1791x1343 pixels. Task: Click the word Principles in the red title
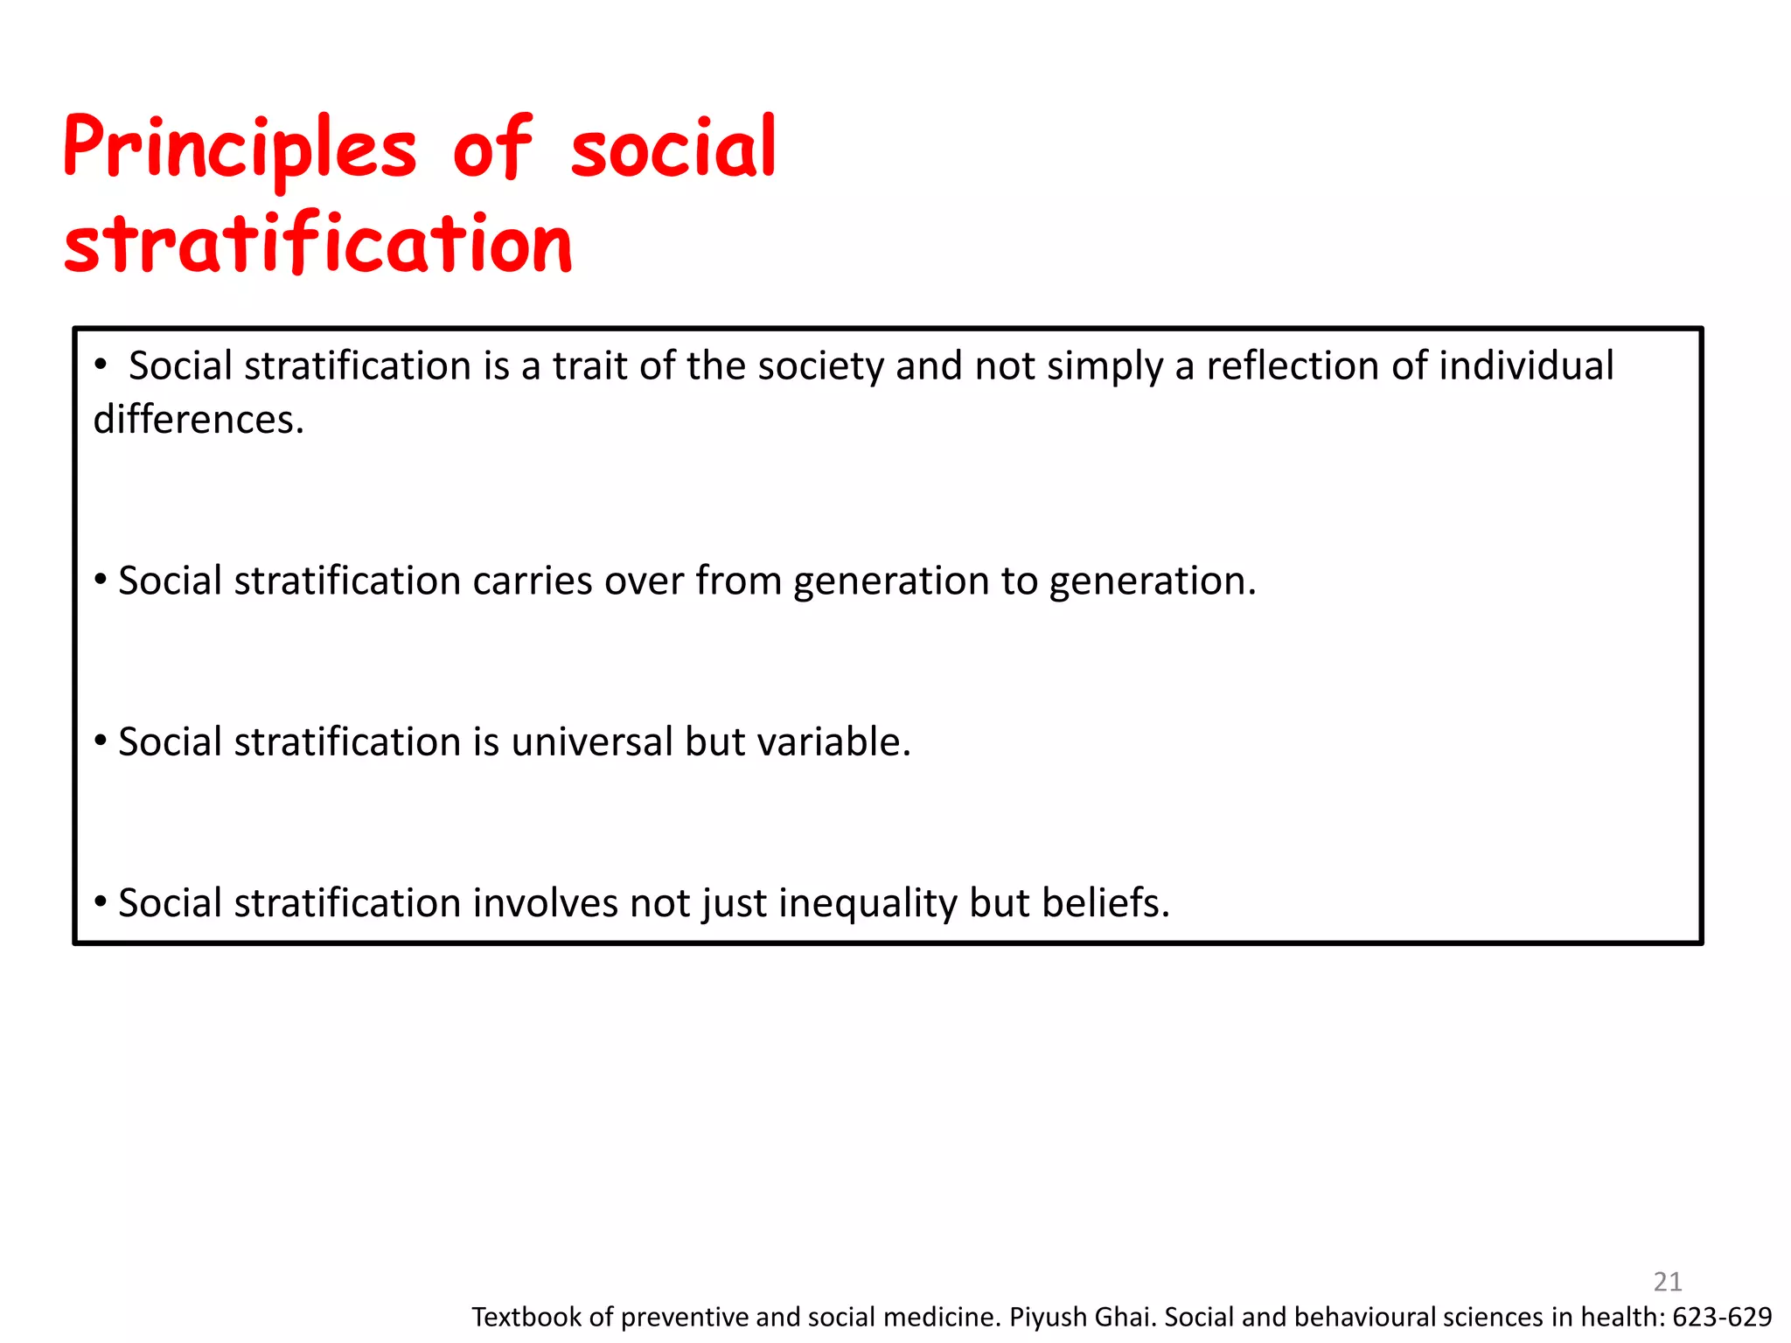point(239,149)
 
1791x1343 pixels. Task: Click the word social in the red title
point(672,149)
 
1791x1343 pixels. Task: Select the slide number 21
point(1668,1282)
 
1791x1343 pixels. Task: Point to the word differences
point(199,420)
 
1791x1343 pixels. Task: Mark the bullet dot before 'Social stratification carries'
point(101,580)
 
